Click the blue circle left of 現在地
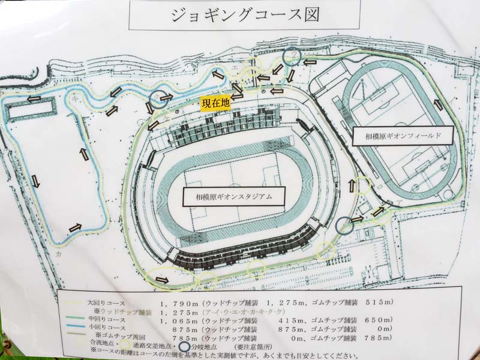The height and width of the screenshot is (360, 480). (x=158, y=99)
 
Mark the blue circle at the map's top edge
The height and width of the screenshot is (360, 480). (x=292, y=56)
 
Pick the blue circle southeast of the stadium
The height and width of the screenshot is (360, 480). (x=344, y=226)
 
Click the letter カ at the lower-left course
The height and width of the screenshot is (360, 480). (x=59, y=254)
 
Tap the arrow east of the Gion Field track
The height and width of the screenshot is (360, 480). (x=438, y=105)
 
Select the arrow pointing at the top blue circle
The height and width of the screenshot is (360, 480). (x=311, y=61)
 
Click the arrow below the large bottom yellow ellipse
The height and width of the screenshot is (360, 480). (x=162, y=280)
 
